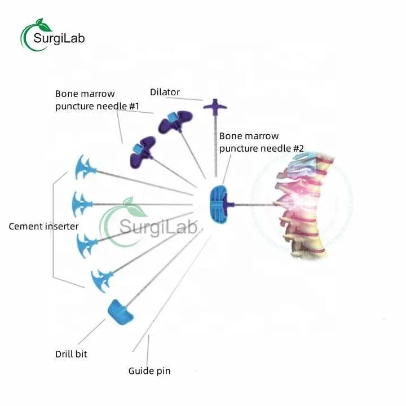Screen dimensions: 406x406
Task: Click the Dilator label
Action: [165, 92]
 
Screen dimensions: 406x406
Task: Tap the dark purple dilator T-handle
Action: [215, 105]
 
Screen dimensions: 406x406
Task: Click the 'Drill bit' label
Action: [71, 354]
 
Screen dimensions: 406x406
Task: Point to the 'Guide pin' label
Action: [149, 371]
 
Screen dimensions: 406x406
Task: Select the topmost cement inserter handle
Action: [84, 167]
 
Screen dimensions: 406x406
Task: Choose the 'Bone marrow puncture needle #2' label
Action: [262, 142]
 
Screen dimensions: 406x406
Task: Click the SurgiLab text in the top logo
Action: [59, 38]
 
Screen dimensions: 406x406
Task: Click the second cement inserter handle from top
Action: [83, 201]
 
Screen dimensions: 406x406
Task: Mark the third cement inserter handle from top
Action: [89, 241]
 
